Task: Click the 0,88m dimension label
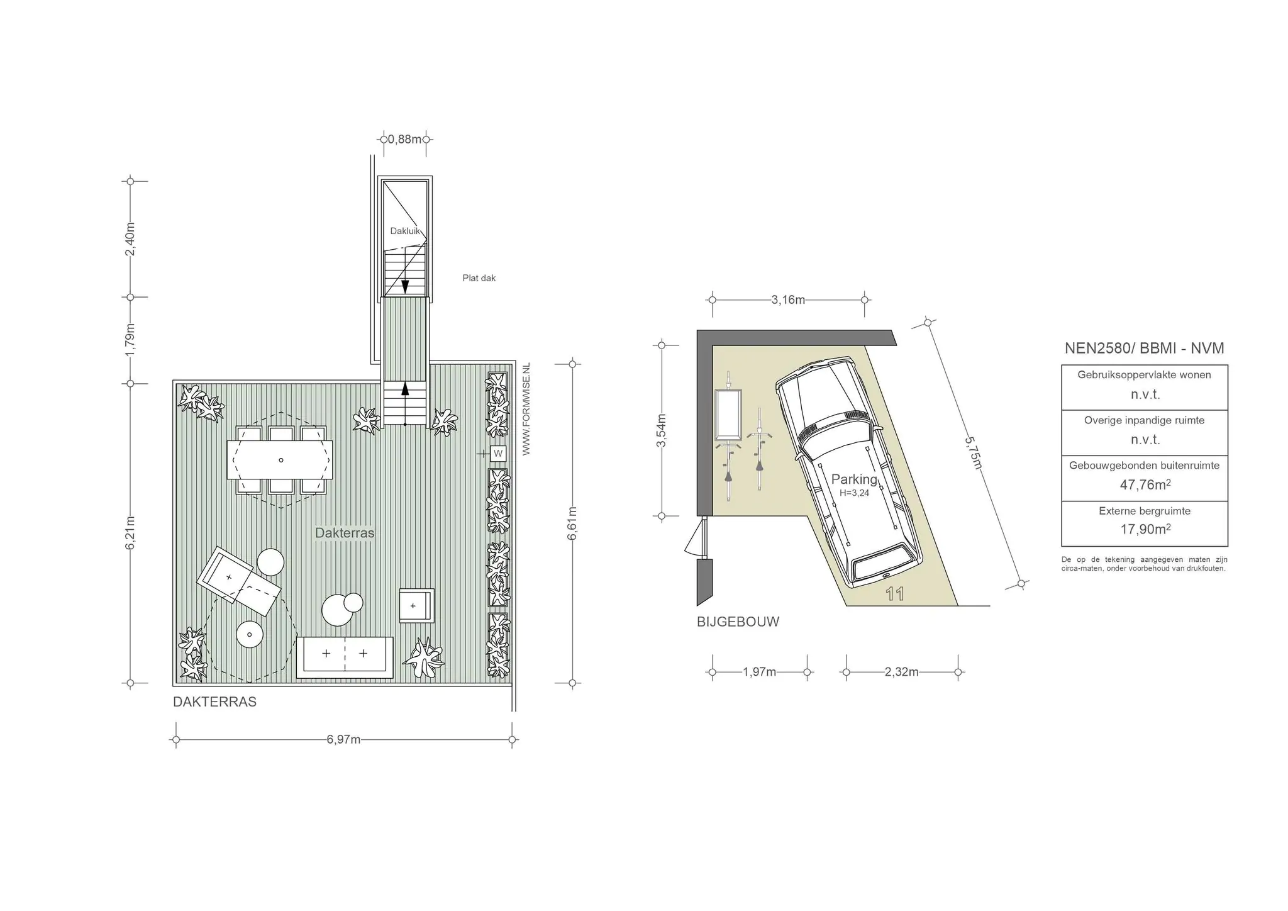pyautogui.click(x=405, y=139)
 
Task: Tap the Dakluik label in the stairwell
pyautogui.click(x=405, y=231)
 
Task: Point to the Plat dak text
pyautogui.click(x=479, y=278)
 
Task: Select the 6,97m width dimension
pyautogui.click(x=343, y=739)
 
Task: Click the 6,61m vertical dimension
pyautogui.click(x=572, y=523)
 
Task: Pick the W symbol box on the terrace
pyautogui.click(x=498, y=453)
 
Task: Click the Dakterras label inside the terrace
pyautogui.click(x=345, y=533)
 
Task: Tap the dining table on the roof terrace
pyautogui.click(x=280, y=460)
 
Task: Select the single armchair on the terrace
pyautogui.click(x=416, y=606)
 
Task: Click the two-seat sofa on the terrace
pyautogui.click(x=345, y=657)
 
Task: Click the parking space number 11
pyautogui.click(x=894, y=594)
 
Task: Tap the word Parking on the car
pyautogui.click(x=854, y=479)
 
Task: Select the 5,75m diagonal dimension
pyautogui.click(x=974, y=453)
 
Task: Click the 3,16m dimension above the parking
pyautogui.click(x=788, y=300)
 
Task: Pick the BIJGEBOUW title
pyautogui.click(x=738, y=622)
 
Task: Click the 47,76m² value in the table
pyautogui.click(x=1145, y=484)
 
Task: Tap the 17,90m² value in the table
pyautogui.click(x=1145, y=529)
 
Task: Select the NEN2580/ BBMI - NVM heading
pyautogui.click(x=1144, y=348)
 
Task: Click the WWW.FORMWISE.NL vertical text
pyautogui.click(x=526, y=408)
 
